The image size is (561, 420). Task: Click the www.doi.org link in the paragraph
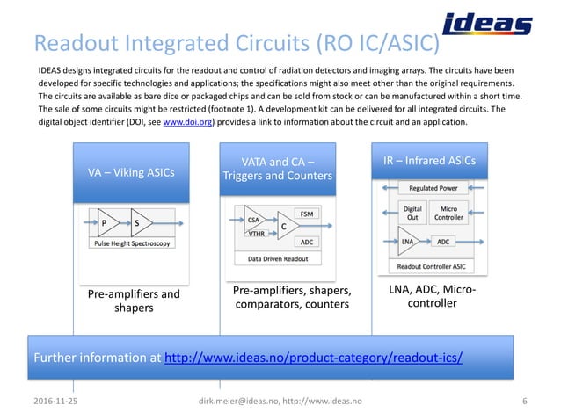coord(189,123)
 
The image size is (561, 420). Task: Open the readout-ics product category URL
coord(314,358)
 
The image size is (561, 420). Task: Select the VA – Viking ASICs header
coord(130,172)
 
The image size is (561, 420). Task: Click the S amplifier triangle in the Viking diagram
coord(141,222)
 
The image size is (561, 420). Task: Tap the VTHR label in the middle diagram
coord(256,235)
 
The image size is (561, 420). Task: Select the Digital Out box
coord(412,214)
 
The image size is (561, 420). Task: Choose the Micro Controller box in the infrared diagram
coord(448,214)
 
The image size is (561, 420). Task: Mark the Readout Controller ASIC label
coord(431,265)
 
